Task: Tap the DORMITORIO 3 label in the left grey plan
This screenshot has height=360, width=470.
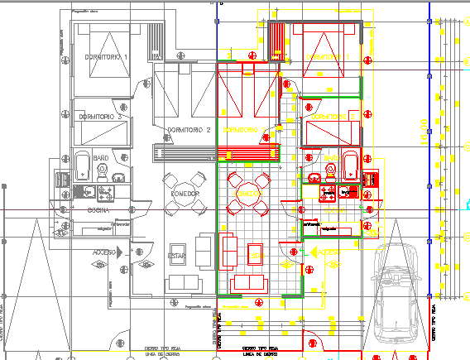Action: point(99,118)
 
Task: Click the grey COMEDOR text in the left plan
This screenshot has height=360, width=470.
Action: point(185,193)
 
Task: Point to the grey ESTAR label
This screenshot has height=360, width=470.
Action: point(178,256)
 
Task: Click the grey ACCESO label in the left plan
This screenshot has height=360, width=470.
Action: point(104,251)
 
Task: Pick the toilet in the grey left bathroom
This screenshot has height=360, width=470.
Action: point(103,170)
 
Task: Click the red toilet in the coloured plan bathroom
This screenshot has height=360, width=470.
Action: point(332,171)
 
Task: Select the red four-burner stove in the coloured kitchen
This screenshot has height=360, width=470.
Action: point(328,194)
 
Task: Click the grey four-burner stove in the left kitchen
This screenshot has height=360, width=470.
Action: point(106,194)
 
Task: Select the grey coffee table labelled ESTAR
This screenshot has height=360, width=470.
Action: point(178,257)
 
